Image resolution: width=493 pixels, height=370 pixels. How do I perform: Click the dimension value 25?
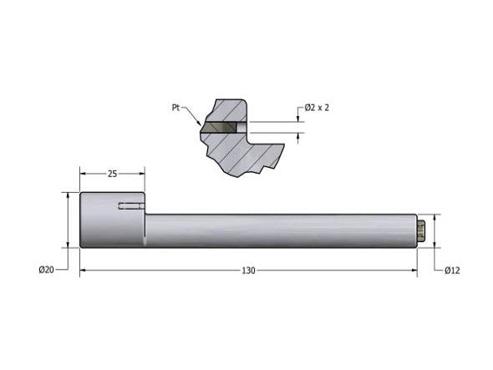point(112,174)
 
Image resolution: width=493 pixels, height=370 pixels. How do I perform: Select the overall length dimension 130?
point(248,270)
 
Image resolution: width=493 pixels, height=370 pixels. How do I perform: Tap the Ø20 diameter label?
point(47,270)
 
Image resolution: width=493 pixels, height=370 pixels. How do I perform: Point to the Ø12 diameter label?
point(452,270)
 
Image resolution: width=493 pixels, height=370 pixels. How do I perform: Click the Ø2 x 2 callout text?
point(316,109)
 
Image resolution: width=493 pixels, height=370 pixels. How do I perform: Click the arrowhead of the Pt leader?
point(200,125)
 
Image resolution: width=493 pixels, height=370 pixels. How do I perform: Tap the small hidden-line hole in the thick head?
point(130,206)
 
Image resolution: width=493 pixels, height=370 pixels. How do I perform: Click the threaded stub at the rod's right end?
point(423,231)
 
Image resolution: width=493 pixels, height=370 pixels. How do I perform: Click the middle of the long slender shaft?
point(280,231)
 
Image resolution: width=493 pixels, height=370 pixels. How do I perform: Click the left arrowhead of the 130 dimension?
point(83,270)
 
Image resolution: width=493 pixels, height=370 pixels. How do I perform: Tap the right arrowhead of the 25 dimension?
point(142,174)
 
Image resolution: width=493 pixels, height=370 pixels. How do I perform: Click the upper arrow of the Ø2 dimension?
point(299,119)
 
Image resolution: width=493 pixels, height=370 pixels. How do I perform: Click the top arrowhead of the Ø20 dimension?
point(67,195)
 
